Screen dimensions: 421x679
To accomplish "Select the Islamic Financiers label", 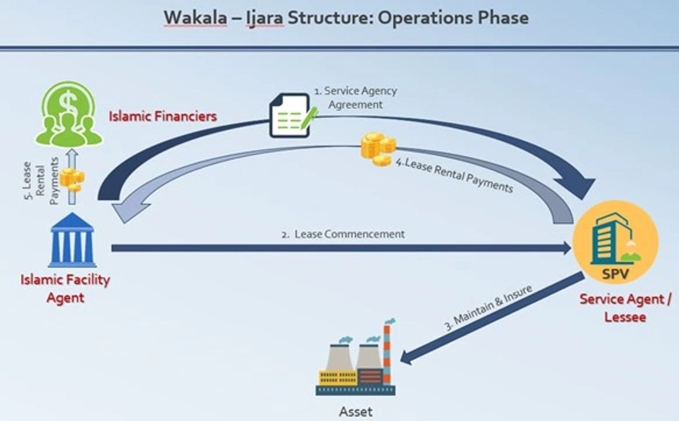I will [x=163, y=116].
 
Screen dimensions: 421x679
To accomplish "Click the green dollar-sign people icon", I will [x=68, y=114].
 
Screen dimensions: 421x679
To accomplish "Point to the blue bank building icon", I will [x=72, y=241].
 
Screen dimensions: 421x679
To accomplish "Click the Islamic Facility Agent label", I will [x=65, y=289].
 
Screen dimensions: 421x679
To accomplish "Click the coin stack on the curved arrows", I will [x=378, y=148].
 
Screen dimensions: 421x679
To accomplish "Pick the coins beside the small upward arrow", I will [x=72, y=178].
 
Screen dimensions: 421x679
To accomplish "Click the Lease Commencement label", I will [x=349, y=234].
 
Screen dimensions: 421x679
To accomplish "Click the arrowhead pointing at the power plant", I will [x=408, y=357].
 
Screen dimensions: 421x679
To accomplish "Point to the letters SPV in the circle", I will [x=615, y=274].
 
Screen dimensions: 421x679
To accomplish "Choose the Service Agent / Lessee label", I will [x=626, y=308].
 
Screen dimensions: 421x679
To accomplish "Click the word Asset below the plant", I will [x=355, y=412].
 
